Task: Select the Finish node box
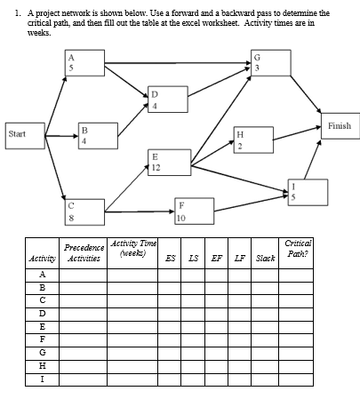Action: click(x=339, y=126)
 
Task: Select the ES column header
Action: click(x=171, y=259)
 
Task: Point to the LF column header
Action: click(x=239, y=259)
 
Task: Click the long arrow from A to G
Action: click(x=169, y=63)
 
